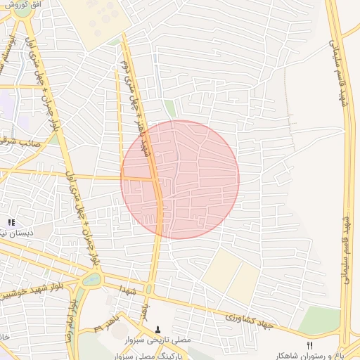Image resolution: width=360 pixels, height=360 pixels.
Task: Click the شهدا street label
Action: [127, 289]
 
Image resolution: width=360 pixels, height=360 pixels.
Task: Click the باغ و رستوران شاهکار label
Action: [319, 354]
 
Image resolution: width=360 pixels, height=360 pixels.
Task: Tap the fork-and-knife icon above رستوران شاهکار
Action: [309, 344]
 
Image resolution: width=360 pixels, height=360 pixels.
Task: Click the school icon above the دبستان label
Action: [11, 223]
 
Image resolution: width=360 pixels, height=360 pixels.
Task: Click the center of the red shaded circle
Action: [180, 179]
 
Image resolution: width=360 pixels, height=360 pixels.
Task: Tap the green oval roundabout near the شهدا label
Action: [92, 279]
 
